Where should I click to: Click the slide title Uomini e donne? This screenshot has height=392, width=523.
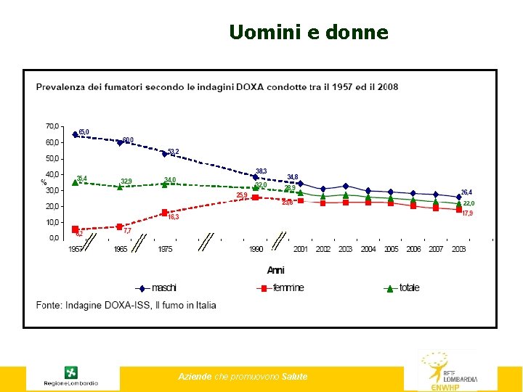tap(309, 33)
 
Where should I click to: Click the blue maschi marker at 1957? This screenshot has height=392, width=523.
tap(76, 134)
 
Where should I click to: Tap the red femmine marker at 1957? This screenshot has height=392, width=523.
tap(76, 229)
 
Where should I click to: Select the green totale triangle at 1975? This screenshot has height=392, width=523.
tap(165, 184)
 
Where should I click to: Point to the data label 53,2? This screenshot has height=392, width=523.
tap(174, 152)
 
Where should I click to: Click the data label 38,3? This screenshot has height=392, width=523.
tap(261, 171)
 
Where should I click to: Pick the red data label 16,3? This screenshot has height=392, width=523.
tap(174, 217)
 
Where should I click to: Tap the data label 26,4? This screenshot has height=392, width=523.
tap(467, 192)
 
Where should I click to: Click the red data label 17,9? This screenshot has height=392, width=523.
tap(468, 213)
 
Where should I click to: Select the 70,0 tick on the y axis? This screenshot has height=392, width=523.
tap(52, 126)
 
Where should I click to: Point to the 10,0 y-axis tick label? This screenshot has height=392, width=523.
tap(52, 222)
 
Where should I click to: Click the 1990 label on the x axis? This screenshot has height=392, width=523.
tap(256, 249)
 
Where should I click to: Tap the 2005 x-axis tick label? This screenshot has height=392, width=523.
tap(391, 249)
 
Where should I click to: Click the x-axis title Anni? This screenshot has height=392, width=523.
tap(276, 270)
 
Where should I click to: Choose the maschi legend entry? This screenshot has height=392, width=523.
tap(163, 288)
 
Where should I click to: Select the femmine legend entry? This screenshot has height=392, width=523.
tap(288, 288)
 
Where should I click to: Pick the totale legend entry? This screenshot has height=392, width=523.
tap(409, 288)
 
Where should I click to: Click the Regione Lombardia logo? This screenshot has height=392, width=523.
tap(71, 377)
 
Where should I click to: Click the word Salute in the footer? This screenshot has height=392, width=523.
tap(295, 377)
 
